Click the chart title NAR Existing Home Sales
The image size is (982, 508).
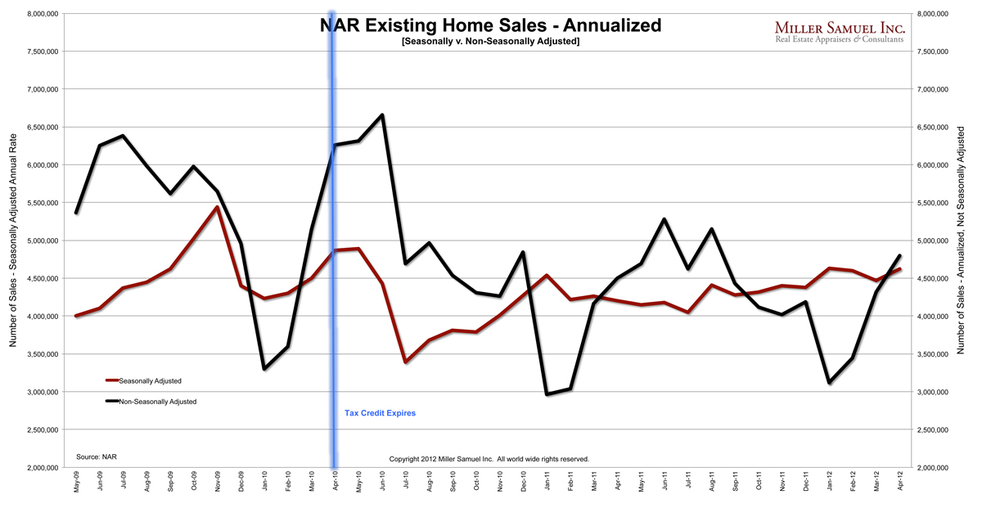pos(490,25)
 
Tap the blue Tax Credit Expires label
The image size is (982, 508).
pos(380,413)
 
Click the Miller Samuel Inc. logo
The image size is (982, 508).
pos(839,32)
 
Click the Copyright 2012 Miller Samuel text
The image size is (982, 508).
pos(489,459)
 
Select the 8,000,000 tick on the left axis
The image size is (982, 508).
pos(41,14)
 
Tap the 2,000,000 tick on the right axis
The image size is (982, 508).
pos(936,468)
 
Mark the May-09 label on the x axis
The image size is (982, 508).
pos(77,483)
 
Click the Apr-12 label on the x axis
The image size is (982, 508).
pos(900,483)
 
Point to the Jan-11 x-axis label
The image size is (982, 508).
pos(547,483)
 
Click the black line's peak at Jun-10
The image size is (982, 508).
pos(382,115)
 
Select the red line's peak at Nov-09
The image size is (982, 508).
pos(217,207)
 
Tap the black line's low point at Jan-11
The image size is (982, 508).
pos(547,394)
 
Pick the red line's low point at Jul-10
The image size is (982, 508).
pos(406,362)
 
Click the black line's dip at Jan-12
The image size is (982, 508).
pos(830,382)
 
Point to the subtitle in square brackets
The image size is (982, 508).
pos(490,42)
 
